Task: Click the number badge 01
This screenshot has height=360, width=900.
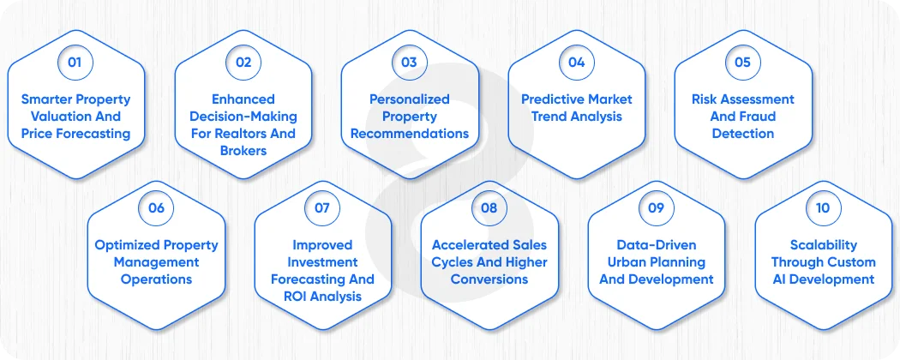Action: tap(76, 63)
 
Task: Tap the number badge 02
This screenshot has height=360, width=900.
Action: tap(243, 63)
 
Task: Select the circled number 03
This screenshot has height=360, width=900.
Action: tap(409, 63)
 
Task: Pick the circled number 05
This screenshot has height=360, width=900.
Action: tap(742, 63)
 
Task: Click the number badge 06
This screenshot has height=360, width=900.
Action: tap(156, 208)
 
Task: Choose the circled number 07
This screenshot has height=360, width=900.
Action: tap(322, 208)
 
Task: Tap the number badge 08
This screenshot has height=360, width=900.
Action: tap(489, 208)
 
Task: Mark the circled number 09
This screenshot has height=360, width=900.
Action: tap(656, 208)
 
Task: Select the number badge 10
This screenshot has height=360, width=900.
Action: tap(822, 208)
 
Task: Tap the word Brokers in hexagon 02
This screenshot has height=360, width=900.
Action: tap(243, 151)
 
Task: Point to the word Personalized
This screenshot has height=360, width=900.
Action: tap(410, 99)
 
